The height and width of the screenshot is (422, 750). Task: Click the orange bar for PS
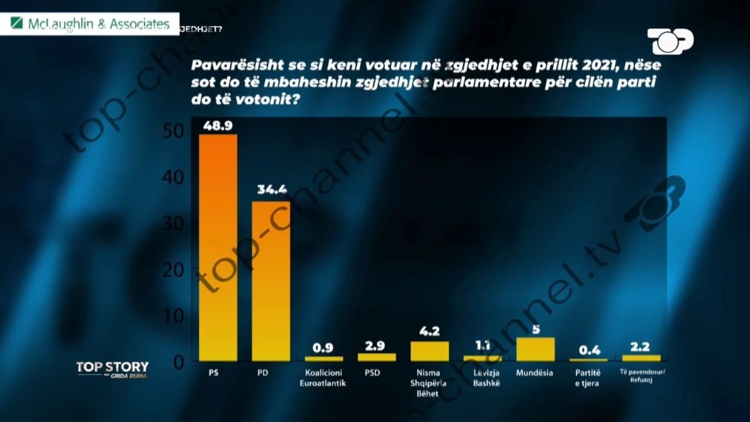218,247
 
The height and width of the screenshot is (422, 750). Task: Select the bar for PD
271,281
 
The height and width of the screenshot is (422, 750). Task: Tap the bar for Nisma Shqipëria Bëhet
429,351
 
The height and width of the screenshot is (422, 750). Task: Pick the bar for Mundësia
535,349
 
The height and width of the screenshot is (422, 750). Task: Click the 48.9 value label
218,124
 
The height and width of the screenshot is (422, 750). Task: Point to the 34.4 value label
271,190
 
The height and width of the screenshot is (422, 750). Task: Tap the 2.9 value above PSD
376,346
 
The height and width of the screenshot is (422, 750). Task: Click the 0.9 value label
323,348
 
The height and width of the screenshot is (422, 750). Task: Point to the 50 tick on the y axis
173,131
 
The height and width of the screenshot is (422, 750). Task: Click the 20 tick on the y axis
173,270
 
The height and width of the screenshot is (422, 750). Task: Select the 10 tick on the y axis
173,316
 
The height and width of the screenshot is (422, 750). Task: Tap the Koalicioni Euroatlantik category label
323,377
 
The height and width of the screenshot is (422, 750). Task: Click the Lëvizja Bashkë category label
482,377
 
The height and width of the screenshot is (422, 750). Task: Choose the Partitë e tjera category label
588,377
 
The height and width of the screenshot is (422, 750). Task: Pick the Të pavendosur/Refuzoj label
641,376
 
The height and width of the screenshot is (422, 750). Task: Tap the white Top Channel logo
671,41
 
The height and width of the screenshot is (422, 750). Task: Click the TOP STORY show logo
112,369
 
